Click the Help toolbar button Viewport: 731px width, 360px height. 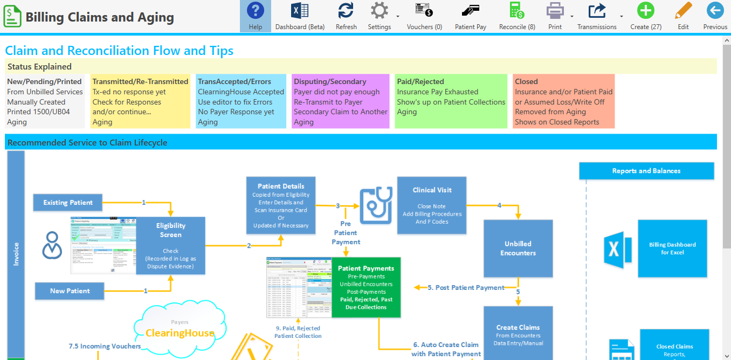(255, 16)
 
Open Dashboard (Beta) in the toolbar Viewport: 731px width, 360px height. (300, 16)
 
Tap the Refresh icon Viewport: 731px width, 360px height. (346, 16)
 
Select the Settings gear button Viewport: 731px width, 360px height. (380, 16)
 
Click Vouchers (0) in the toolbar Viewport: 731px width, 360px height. (424, 16)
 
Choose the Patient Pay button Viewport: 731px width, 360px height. (470, 16)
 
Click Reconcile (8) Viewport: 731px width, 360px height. (517, 16)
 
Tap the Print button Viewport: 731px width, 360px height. (555, 16)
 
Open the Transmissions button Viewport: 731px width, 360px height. (597, 16)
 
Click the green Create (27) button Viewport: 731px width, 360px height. (645, 16)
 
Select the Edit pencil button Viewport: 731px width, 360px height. (683, 16)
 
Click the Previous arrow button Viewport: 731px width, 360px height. (715, 16)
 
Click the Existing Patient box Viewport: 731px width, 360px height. (68, 203)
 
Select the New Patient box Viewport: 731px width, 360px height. (70, 291)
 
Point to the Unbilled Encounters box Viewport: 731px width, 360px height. (518, 248)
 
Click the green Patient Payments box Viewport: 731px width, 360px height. (366, 287)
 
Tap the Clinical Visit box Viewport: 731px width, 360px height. (432, 206)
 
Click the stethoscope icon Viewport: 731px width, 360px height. (376, 205)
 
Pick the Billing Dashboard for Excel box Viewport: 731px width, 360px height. (672, 248)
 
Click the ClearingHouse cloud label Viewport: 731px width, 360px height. (180, 333)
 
